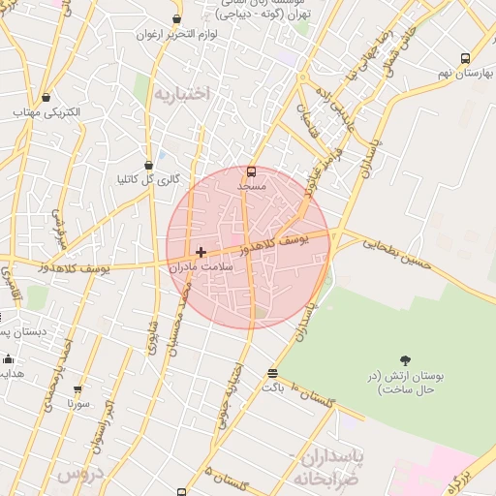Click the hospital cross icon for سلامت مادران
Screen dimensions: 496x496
(x=201, y=252)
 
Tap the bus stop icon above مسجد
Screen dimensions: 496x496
(x=252, y=170)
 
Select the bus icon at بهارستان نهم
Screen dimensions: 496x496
(x=465, y=58)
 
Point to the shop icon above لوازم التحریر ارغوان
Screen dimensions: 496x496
(x=177, y=18)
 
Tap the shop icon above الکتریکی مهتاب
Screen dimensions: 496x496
(x=47, y=96)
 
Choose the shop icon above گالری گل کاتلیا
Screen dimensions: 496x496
(x=147, y=165)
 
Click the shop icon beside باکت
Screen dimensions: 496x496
(x=272, y=373)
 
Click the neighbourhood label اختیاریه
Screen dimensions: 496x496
(x=180, y=94)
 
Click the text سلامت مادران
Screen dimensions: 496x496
(x=202, y=265)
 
